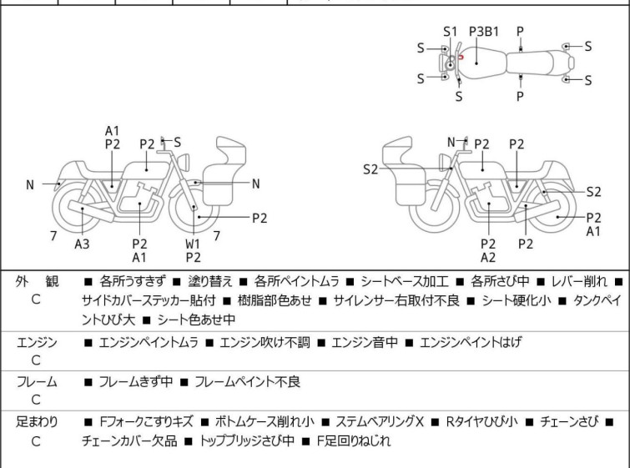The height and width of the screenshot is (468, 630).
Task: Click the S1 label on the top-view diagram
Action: [451, 31]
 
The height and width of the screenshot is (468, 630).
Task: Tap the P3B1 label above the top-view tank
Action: [484, 31]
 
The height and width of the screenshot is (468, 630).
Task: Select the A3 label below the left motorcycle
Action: [82, 244]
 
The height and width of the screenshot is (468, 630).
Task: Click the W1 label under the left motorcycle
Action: [193, 244]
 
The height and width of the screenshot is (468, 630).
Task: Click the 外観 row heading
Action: [35, 282]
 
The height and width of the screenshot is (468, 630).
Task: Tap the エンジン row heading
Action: [37, 342]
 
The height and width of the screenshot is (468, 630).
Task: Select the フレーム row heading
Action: [37, 382]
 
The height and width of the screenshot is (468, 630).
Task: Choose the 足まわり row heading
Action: [37, 422]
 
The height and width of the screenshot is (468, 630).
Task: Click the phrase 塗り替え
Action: [204, 282]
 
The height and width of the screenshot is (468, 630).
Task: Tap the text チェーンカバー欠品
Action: [135, 440]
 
